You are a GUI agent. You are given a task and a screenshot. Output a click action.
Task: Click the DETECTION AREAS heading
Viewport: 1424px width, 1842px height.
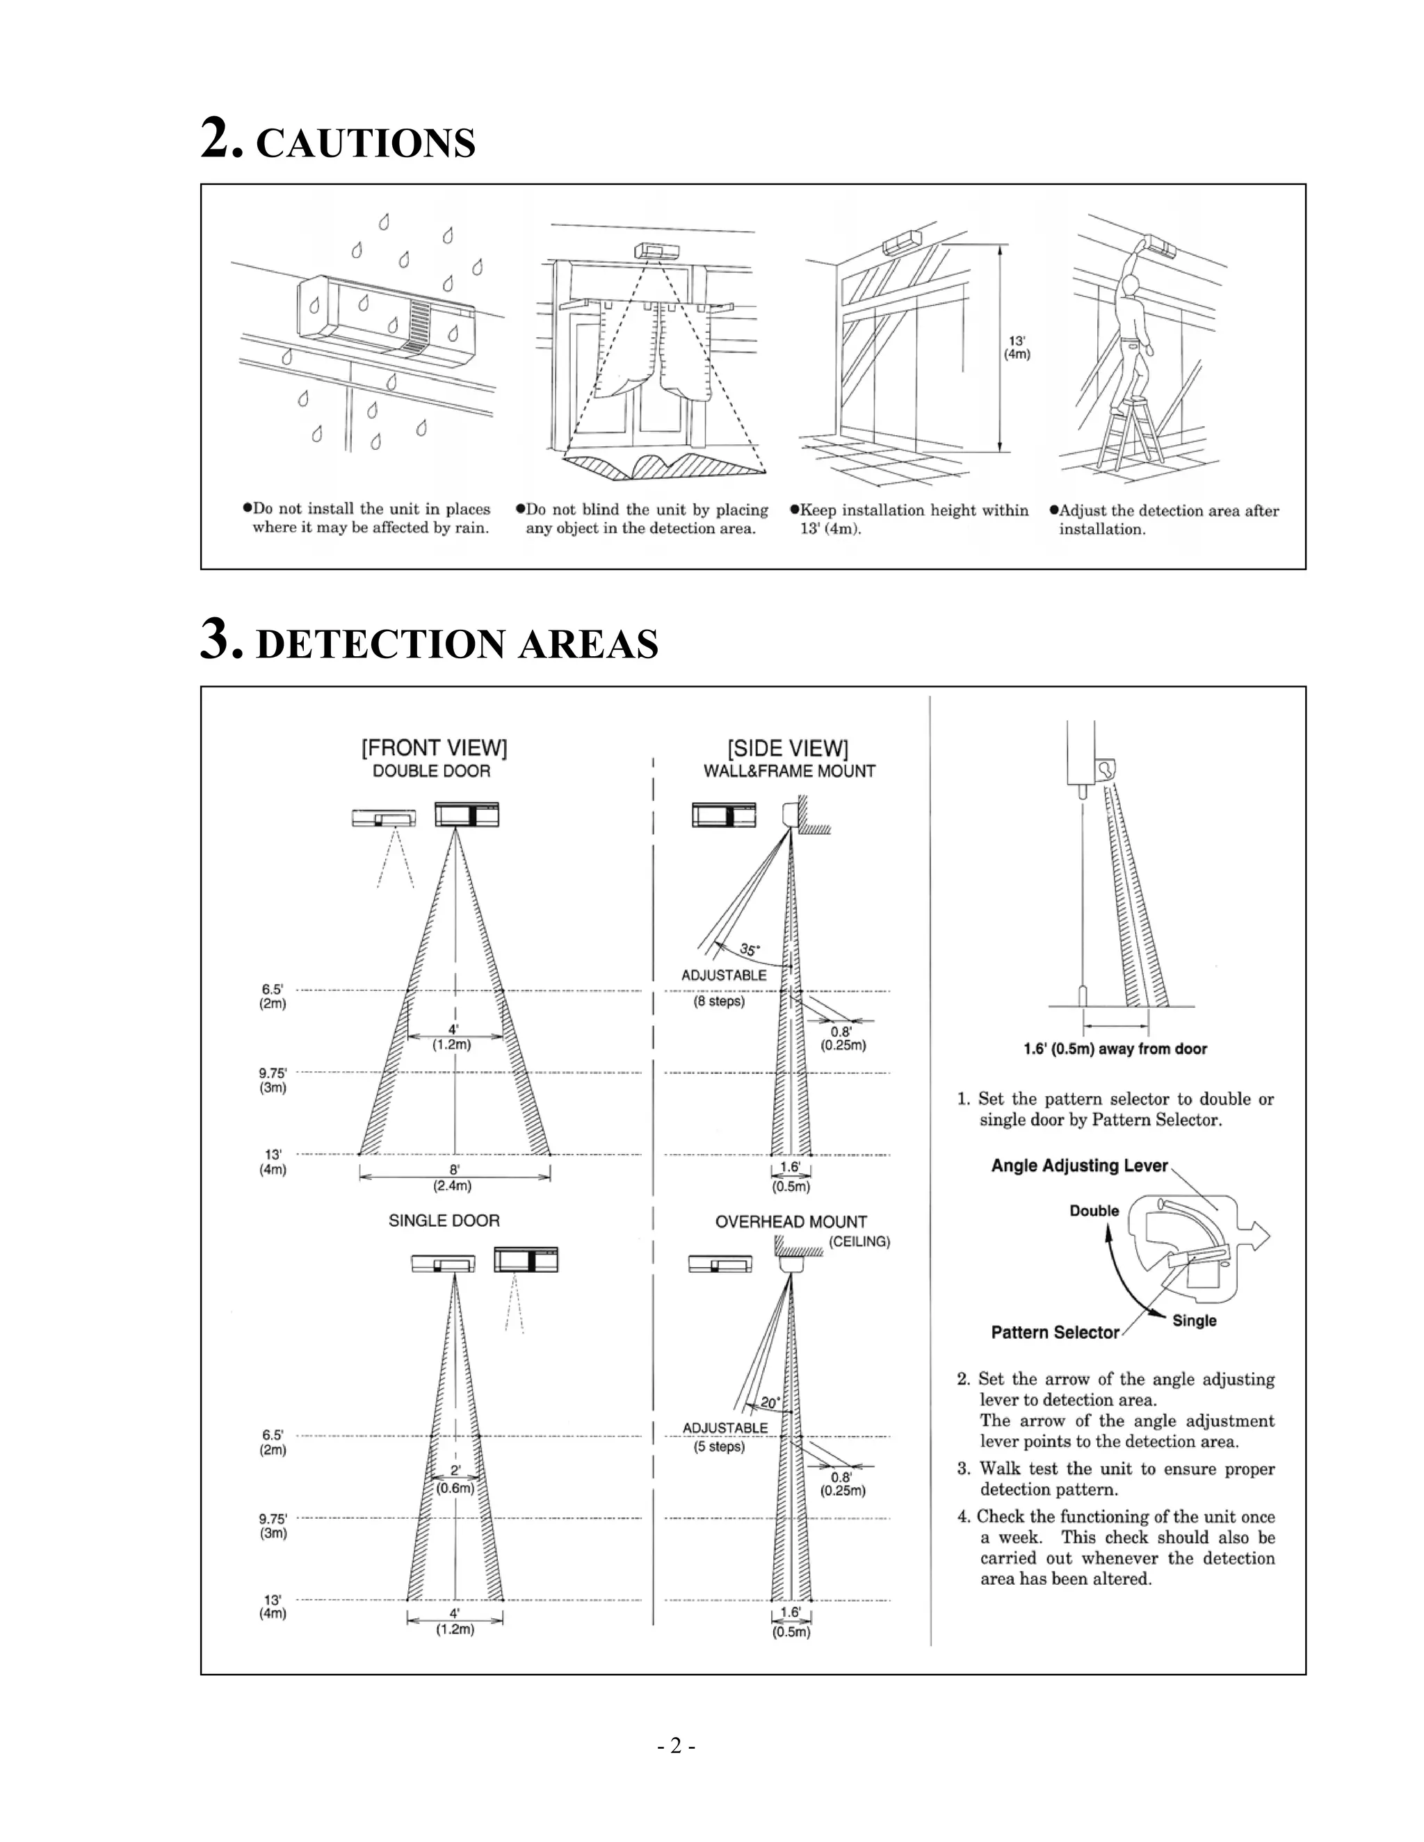[456, 644]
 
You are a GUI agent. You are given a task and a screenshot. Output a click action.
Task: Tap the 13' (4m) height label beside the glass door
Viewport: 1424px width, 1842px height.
[1017, 348]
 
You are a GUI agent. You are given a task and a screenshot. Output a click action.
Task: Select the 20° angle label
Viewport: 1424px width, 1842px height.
[770, 1403]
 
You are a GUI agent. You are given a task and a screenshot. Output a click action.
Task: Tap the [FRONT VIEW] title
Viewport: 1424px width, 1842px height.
[434, 748]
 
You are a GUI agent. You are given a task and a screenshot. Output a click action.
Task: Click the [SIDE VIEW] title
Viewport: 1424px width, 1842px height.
[787, 748]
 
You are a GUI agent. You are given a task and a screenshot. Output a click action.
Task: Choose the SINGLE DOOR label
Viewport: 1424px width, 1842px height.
[444, 1221]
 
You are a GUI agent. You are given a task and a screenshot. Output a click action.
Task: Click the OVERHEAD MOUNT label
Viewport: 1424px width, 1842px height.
[791, 1221]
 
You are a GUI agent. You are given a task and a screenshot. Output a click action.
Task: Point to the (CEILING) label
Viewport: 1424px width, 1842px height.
[859, 1241]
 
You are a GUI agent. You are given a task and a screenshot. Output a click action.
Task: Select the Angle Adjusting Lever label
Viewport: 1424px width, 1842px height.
[1079, 1166]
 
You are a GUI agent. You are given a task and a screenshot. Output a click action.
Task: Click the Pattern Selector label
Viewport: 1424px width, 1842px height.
[1055, 1332]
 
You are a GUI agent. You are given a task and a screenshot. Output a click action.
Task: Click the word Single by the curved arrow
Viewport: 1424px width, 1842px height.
[1194, 1321]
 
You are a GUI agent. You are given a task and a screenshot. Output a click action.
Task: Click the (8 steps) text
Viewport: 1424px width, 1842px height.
[719, 1002]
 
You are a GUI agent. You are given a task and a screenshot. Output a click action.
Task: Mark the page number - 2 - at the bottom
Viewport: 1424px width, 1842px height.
[676, 1746]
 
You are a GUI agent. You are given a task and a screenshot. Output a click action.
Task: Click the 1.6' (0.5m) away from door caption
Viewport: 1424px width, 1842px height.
[1115, 1049]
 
